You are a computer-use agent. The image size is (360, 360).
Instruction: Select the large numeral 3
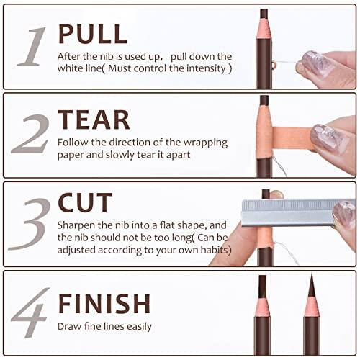click(x=31, y=223)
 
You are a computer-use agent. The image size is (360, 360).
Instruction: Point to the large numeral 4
click(x=31, y=312)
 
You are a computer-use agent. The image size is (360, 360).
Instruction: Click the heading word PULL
click(x=92, y=33)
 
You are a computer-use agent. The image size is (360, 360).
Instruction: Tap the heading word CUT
click(x=85, y=204)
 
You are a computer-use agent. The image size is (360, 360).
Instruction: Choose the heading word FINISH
click(x=104, y=302)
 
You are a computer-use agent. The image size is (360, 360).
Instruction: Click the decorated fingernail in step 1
click(x=315, y=63)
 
